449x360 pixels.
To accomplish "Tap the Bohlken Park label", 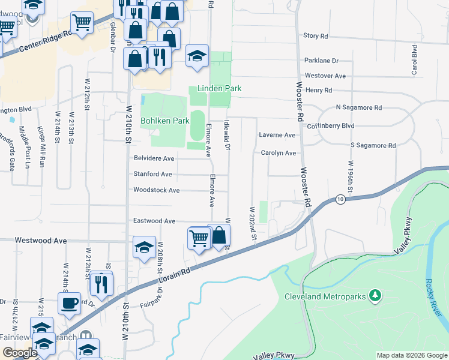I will [x=165, y=121].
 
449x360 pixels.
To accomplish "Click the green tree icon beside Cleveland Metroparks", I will [x=375, y=295].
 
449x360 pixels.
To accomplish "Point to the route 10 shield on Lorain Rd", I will [x=340, y=199].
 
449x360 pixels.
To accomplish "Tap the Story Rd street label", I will [x=316, y=36].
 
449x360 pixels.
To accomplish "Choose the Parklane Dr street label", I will [x=322, y=61].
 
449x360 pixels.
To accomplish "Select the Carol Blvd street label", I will [x=415, y=59].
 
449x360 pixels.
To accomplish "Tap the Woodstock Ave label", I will [x=157, y=190].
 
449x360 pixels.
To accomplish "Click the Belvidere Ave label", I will [x=154, y=158].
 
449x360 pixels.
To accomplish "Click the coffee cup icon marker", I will [x=69, y=302].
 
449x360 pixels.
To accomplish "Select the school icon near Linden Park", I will [x=197, y=56].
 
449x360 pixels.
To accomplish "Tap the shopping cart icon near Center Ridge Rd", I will [x=82, y=23].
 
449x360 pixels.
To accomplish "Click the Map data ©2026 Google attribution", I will [x=411, y=355].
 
